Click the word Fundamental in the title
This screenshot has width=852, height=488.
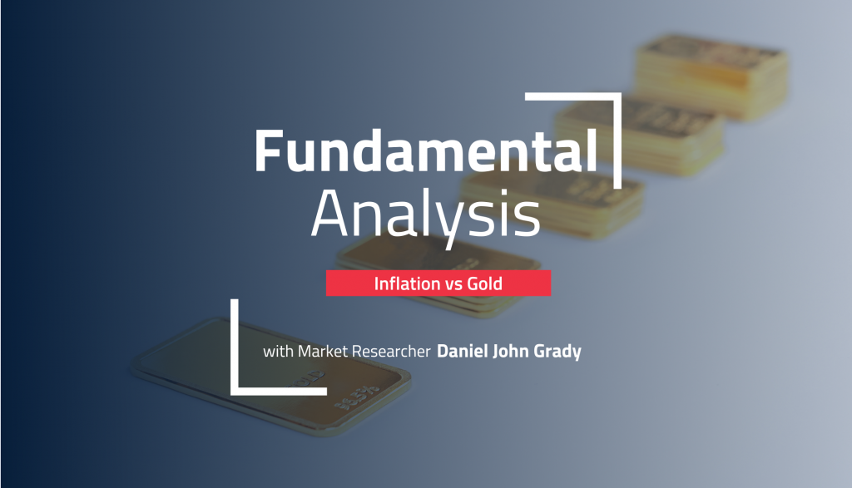point(426,151)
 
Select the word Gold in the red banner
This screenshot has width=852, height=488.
point(485,283)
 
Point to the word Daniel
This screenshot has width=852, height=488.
point(463,351)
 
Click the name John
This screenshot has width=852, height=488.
point(511,351)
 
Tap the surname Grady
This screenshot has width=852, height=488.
point(557,352)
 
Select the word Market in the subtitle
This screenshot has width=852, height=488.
point(323,351)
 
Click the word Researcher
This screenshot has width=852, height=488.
point(391,351)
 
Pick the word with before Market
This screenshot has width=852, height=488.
point(278,351)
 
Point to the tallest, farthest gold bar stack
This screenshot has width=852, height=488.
point(712,76)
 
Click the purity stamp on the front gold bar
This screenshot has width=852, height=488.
point(356,398)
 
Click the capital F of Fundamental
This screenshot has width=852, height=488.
point(269,151)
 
